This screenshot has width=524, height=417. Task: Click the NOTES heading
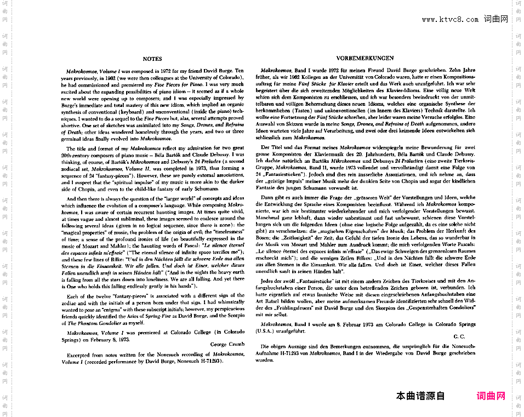[152, 59]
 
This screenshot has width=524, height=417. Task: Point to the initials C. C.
[459, 336]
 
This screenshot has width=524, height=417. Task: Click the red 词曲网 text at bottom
[491, 396]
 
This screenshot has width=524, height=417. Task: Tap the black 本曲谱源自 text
[420, 396]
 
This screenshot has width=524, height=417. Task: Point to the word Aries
[148, 316]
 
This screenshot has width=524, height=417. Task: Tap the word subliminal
[123, 219]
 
